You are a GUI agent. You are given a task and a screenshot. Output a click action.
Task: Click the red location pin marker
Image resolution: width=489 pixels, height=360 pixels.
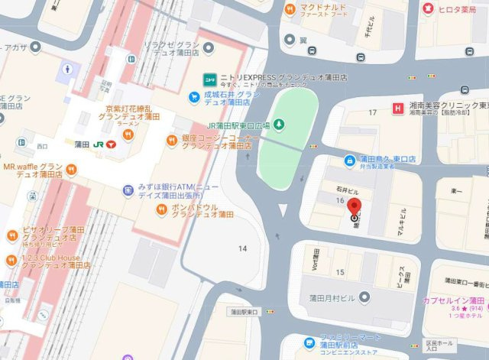pyautogui.click(x=355, y=207)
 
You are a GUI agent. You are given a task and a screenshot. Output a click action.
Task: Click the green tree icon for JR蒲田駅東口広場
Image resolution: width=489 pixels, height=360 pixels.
pyautogui.click(x=280, y=123)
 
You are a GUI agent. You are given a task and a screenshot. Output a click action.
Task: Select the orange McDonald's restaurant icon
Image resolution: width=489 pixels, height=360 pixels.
pyautogui.click(x=290, y=10)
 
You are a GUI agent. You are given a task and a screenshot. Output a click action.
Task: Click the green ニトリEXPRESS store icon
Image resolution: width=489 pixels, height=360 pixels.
pyautogui.click(x=207, y=79)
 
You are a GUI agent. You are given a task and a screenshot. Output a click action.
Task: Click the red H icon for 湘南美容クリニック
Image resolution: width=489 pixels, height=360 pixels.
pyautogui.click(x=397, y=108)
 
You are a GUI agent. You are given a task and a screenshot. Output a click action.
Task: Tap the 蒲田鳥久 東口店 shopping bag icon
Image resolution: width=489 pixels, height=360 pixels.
pyautogui.click(x=349, y=160)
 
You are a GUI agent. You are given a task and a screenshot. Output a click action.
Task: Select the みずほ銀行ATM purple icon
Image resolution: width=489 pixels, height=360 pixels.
pyautogui.click(x=127, y=189)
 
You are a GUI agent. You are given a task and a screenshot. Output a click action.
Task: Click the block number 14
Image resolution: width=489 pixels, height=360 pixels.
pyautogui.click(x=243, y=249)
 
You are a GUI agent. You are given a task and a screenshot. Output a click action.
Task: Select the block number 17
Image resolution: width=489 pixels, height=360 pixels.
pyautogui.click(x=373, y=113)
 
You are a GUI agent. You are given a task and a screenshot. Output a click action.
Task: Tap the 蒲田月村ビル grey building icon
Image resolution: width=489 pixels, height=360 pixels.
pyautogui.click(x=365, y=297)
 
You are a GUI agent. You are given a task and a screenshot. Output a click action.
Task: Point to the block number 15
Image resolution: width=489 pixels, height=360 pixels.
pyautogui.click(x=340, y=272)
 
